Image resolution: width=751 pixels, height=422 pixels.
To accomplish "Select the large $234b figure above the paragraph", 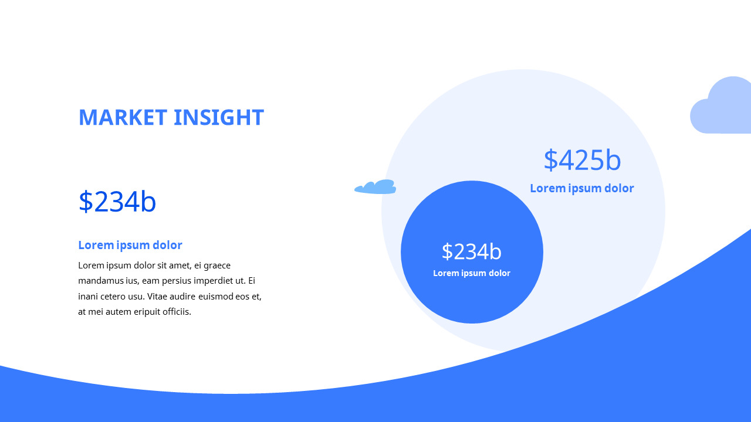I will (x=117, y=202).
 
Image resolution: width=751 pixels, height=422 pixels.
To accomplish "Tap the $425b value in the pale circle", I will (x=582, y=160).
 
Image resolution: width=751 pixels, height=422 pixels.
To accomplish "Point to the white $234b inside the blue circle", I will (x=472, y=251).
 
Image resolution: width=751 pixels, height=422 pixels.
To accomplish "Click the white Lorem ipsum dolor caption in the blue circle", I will (x=472, y=273).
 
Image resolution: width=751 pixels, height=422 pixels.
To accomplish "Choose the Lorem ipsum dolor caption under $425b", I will (x=582, y=188).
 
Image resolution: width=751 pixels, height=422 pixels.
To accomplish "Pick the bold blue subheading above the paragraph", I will (x=130, y=245).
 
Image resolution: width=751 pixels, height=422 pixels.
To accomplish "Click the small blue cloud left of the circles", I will (x=375, y=187).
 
